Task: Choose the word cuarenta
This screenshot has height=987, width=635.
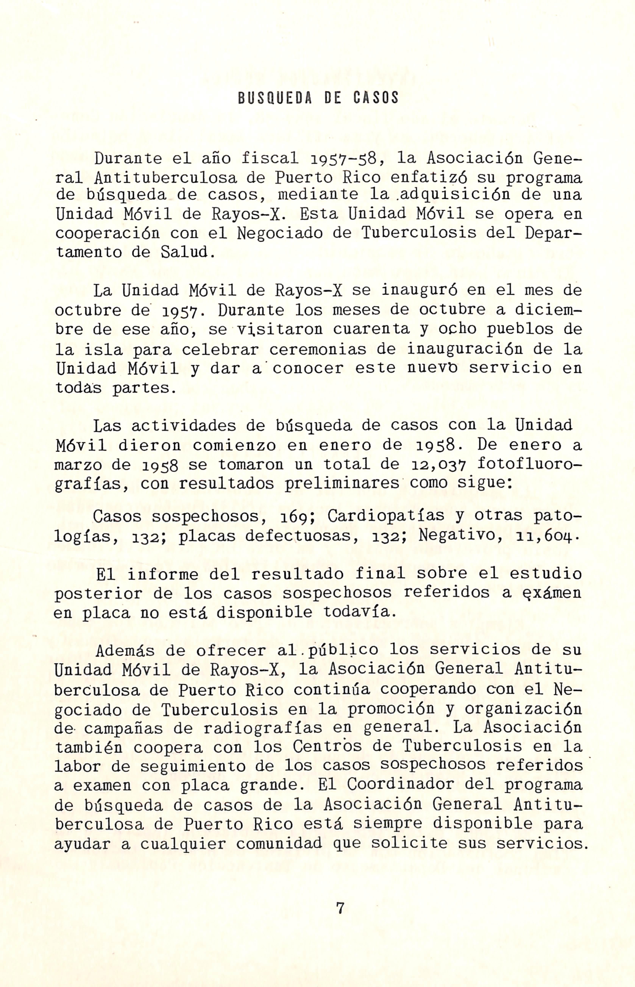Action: [x=371, y=329]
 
